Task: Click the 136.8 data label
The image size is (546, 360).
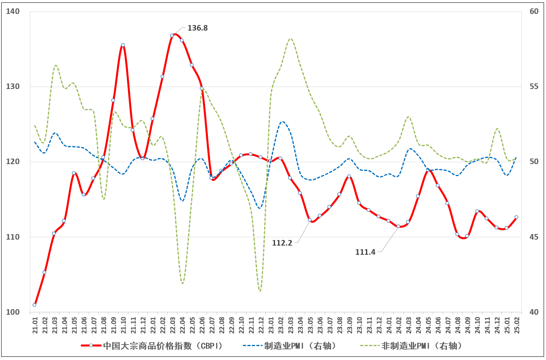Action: pos(197,28)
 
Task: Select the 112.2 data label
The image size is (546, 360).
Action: pos(282,243)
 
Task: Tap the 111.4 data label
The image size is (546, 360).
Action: pos(365,252)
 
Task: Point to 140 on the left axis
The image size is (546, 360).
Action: pos(13,12)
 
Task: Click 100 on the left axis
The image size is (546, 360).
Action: pos(13,312)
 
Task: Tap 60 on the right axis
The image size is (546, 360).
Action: pos(534,12)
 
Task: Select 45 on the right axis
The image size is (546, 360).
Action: pos(534,237)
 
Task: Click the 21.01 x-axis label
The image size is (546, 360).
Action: pos(35,325)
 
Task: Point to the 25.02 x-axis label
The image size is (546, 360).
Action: pos(517,325)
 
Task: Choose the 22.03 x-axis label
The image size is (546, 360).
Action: pos(172,325)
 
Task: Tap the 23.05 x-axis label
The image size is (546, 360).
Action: pos(310,325)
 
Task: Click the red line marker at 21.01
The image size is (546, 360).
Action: pos(35,305)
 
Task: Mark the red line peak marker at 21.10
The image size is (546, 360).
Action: pos(123,45)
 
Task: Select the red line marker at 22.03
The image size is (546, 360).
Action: pos(172,35)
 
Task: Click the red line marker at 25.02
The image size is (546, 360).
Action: pos(516,217)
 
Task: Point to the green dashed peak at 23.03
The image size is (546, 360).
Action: pos(290,39)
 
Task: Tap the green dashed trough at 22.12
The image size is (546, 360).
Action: pos(260,291)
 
